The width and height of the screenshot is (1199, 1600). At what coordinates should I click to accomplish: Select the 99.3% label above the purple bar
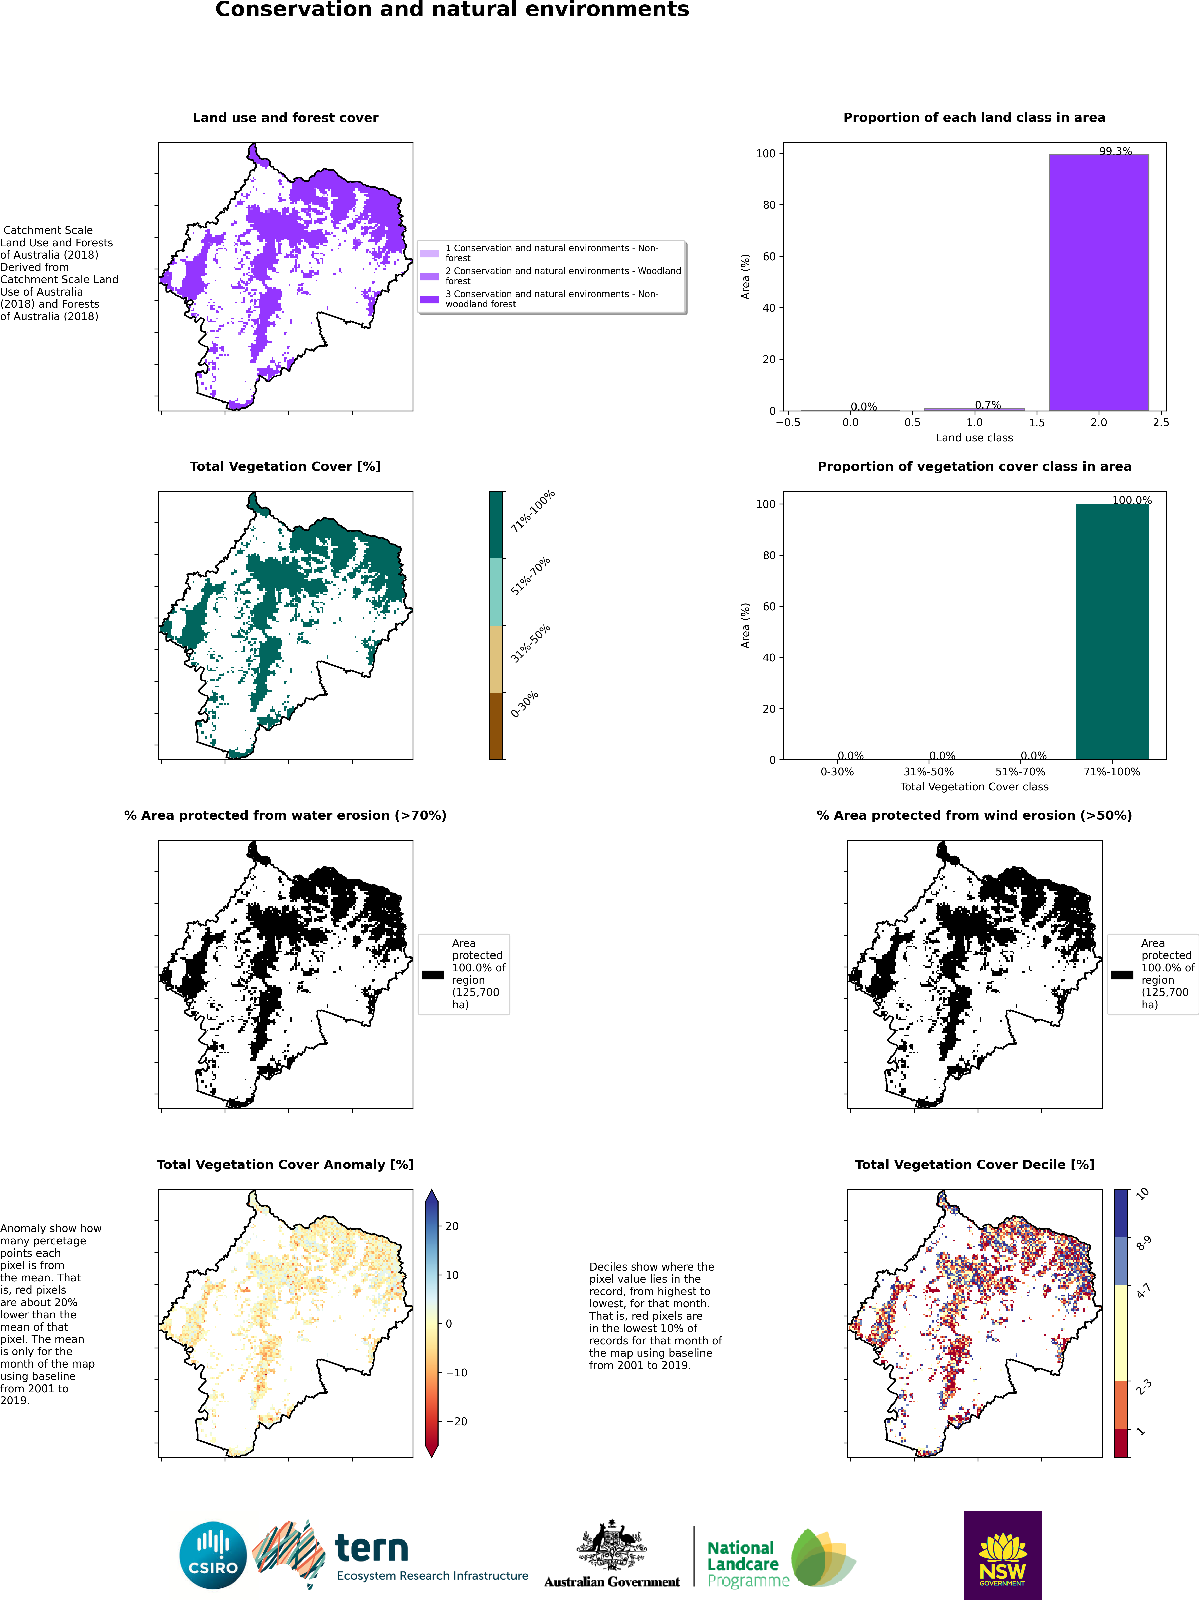(x=1115, y=151)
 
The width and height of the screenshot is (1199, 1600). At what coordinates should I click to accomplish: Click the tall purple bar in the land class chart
(x=1098, y=282)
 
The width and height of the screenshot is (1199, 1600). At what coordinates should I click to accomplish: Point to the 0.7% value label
(x=988, y=405)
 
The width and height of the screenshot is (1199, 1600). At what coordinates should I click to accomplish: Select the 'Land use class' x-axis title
(x=974, y=438)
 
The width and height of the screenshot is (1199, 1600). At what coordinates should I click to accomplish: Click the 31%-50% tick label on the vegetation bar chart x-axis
(x=928, y=772)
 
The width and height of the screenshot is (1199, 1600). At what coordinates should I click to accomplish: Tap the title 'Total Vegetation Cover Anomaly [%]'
(x=285, y=1165)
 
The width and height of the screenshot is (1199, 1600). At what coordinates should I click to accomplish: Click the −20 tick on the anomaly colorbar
(x=456, y=1421)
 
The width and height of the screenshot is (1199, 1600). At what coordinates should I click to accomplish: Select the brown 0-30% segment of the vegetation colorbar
(x=496, y=726)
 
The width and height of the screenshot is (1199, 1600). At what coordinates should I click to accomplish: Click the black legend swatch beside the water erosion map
(x=433, y=974)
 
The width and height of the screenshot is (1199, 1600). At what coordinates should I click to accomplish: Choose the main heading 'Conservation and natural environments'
(x=452, y=10)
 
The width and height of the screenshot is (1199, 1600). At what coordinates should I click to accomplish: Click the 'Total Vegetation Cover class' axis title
(x=974, y=786)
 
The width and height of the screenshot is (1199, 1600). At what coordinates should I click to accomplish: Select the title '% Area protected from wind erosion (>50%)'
(x=974, y=815)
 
